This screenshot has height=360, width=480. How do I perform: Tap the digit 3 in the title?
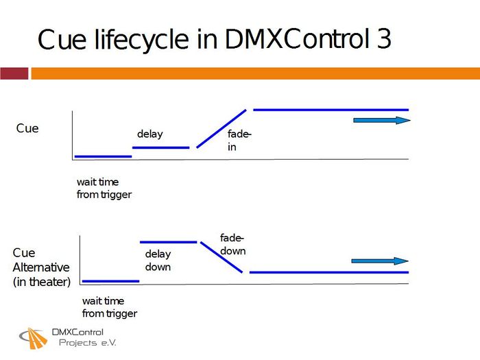click(383, 40)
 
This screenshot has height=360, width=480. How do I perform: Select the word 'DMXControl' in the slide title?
click(296, 40)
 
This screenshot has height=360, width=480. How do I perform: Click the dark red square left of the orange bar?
click(14, 73)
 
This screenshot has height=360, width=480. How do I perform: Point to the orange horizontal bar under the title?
click(254, 73)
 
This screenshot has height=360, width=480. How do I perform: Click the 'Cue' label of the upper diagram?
click(27, 128)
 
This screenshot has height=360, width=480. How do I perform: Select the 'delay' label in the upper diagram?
click(150, 134)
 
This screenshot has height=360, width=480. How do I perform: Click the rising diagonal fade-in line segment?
click(221, 128)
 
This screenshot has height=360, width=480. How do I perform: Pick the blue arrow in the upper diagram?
click(381, 121)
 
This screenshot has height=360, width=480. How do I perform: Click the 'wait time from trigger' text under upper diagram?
click(104, 189)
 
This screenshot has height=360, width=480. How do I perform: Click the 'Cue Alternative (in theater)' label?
click(41, 267)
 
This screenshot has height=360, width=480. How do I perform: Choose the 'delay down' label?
click(158, 261)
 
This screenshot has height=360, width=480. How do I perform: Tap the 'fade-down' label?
click(232, 244)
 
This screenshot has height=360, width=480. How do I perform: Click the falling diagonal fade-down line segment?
click(221, 257)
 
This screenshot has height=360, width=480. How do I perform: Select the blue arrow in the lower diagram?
click(379, 261)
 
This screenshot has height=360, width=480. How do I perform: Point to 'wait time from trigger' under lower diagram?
click(109, 307)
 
